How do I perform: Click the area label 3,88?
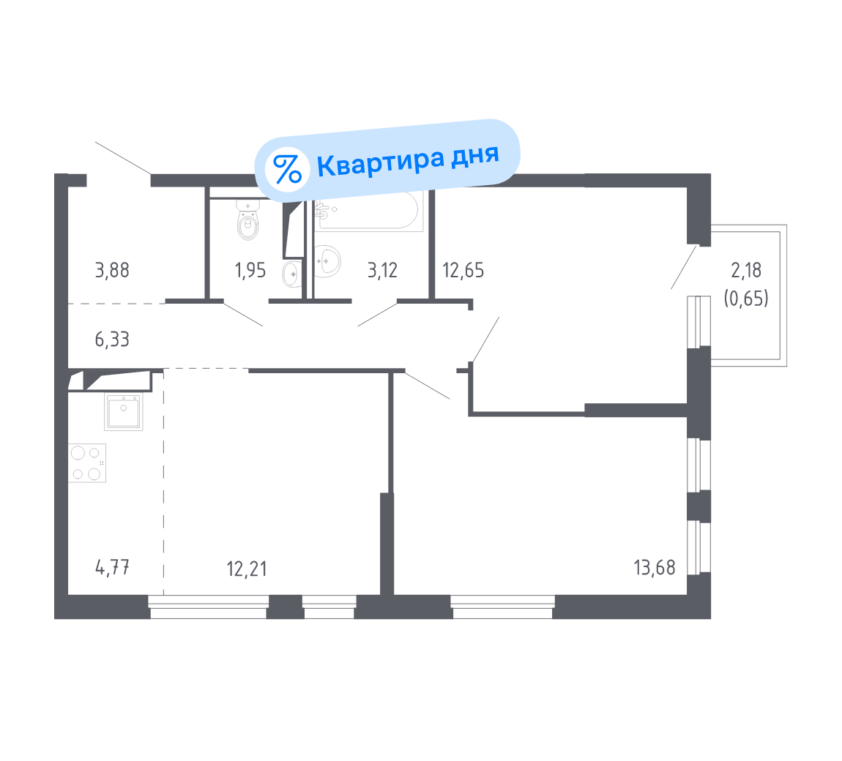coord(112,270)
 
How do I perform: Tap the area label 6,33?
coord(112,339)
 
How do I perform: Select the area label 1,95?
coord(250,270)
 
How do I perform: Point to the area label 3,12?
coord(382,270)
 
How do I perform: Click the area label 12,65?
coord(463,270)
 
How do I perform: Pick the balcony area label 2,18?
coord(746,270)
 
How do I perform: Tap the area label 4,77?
coord(112,567)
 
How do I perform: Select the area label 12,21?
coord(247,568)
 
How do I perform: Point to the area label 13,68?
coord(655,567)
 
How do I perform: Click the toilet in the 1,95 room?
coord(249,220)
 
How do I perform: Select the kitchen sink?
coord(124,411)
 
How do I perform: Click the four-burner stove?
coord(87,462)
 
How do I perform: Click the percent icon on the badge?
coord(287,168)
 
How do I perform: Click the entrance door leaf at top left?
coord(123,158)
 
